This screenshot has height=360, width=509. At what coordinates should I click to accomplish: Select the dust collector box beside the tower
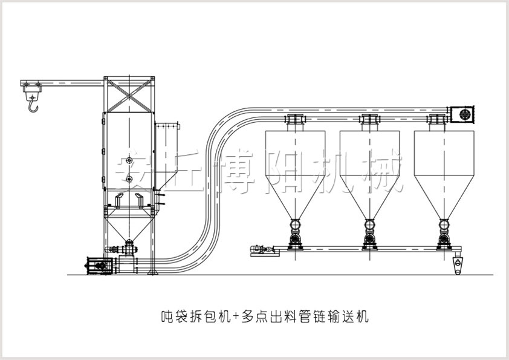pyautogui.click(x=167, y=154)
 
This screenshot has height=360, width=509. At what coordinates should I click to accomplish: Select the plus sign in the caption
pyautogui.click(x=237, y=316)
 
